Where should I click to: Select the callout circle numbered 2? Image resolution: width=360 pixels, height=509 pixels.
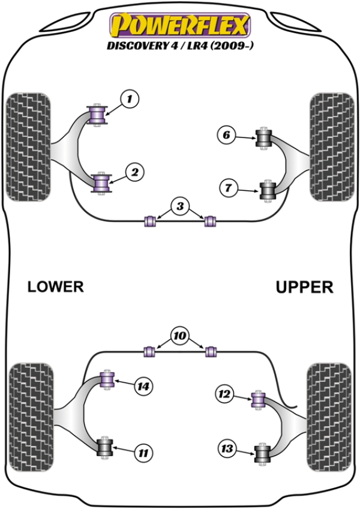click(x=134, y=173)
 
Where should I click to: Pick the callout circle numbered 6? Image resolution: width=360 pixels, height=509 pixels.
click(x=227, y=136)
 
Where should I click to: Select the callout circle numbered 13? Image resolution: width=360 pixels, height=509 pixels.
click(x=227, y=448)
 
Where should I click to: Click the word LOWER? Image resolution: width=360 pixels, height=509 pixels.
click(x=55, y=287)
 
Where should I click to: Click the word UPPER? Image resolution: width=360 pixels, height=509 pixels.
click(x=304, y=288)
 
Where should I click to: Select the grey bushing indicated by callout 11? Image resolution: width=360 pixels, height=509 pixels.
click(x=106, y=447)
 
